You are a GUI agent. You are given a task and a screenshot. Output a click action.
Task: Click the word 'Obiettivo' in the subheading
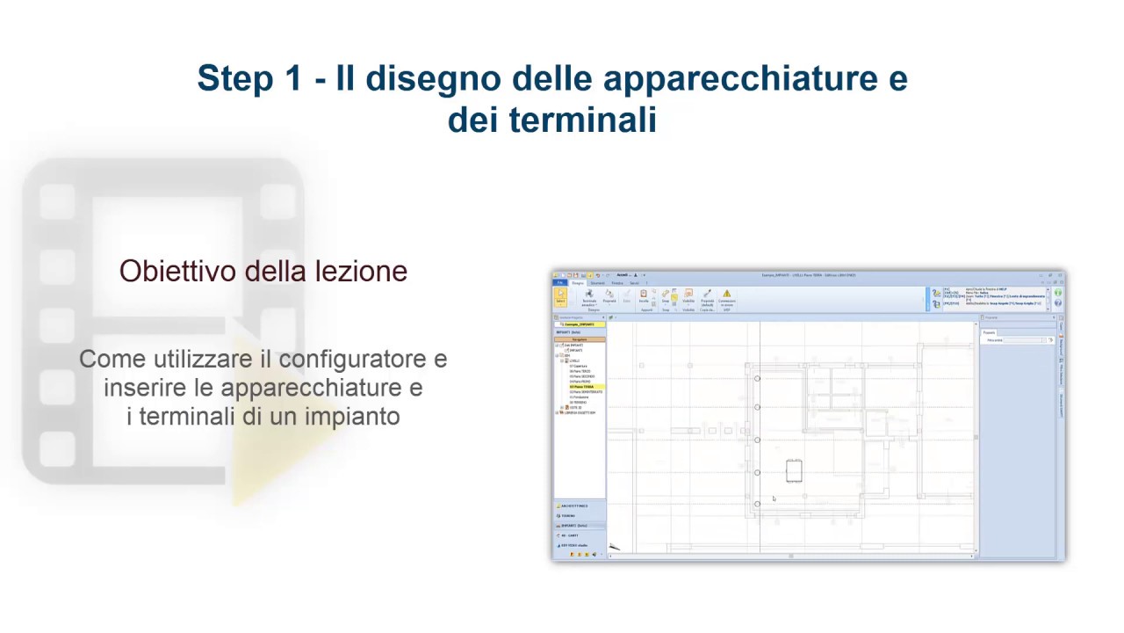click(178, 272)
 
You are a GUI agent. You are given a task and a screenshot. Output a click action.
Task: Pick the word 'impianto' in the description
click(352, 416)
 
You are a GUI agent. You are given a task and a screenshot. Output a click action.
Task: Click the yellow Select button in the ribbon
click(560, 296)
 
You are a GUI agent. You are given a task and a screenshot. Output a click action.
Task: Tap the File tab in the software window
click(558, 283)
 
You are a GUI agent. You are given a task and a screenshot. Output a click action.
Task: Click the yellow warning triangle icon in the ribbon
click(726, 295)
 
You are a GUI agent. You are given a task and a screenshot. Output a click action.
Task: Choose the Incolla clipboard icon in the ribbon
click(644, 295)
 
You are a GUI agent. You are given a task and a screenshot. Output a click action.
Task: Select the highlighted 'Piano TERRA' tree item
click(581, 386)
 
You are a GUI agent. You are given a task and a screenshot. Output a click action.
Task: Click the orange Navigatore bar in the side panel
click(580, 338)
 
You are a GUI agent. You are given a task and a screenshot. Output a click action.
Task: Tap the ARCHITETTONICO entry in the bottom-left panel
click(576, 506)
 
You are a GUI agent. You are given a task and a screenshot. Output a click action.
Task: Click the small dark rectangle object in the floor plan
click(794, 470)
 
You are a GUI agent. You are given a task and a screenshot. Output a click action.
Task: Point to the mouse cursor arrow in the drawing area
click(774, 499)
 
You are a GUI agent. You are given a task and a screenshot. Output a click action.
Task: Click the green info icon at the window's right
click(1058, 293)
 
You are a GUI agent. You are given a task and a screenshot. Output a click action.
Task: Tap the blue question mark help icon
click(1058, 303)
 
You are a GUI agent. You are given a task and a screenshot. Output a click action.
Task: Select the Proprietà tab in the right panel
click(990, 331)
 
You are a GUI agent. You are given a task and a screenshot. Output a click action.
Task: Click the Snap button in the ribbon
click(665, 296)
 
